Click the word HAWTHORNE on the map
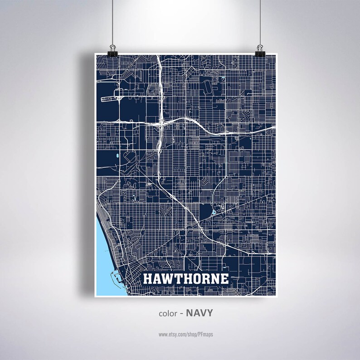[186, 278]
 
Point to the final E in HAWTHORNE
[224, 278]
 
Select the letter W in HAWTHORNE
[168, 278]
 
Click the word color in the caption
[167, 313]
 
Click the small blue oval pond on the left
[117, 157]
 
